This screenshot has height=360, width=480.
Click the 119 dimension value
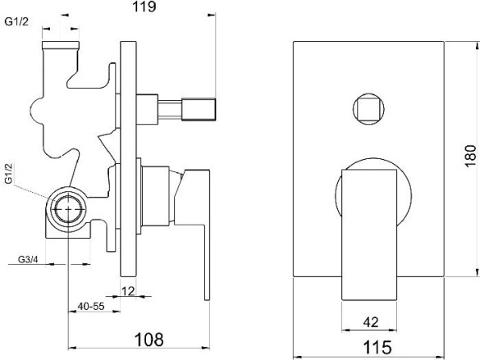click(x=144, y=7)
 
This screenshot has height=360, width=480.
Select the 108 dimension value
click(x=149, y=339)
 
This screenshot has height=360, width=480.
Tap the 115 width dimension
click(x=377, y=348)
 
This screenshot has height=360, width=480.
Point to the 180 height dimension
click(x=470, y=156)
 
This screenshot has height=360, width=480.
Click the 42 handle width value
click(x=371, y=322)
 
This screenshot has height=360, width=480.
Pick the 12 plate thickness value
click(x=128, y=291)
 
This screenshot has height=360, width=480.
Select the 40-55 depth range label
click(x=91, y=306)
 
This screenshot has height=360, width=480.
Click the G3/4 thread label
click(x=28, y=259)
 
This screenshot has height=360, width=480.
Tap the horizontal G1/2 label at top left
click(x=16, y=21)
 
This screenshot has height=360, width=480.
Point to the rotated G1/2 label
click(x=8, y=173)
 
